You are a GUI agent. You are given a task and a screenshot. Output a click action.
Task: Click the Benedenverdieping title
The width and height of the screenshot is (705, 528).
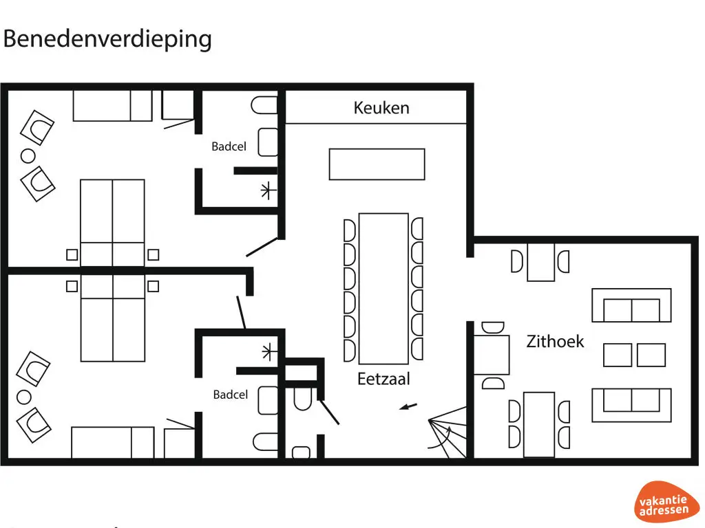107,38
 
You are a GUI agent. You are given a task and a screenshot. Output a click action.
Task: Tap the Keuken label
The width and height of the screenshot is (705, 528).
381,108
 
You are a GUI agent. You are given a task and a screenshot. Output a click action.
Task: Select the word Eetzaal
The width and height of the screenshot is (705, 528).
383,379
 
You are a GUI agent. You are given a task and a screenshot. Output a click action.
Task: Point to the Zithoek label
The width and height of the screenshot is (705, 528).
555,341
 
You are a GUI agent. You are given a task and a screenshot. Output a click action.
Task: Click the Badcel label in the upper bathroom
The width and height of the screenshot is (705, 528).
229,146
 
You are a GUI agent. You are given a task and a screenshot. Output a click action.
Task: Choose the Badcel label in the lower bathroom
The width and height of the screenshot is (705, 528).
230,395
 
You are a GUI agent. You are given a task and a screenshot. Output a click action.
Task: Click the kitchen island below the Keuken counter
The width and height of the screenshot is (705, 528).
377,164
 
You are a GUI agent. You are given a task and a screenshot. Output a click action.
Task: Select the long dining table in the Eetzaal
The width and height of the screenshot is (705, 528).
384,288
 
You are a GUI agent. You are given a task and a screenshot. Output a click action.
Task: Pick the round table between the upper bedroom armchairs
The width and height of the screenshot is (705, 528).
28,156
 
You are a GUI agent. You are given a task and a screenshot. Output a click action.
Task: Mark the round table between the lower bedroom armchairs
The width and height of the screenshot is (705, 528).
25,397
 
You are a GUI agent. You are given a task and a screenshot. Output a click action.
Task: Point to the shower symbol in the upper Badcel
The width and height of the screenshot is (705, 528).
267,191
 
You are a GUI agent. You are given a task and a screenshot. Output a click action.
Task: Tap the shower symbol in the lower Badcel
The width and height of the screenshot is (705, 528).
267,351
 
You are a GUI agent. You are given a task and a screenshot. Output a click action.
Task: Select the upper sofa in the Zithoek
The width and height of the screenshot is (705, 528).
631,305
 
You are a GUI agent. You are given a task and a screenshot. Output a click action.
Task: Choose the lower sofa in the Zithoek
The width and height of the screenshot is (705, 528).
631,405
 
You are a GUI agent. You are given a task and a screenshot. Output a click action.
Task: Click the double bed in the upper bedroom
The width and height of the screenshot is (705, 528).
113,221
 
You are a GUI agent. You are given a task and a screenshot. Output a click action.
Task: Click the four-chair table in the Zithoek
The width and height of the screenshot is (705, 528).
539,423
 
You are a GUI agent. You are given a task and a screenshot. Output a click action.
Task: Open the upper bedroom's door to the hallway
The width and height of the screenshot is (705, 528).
263,247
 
